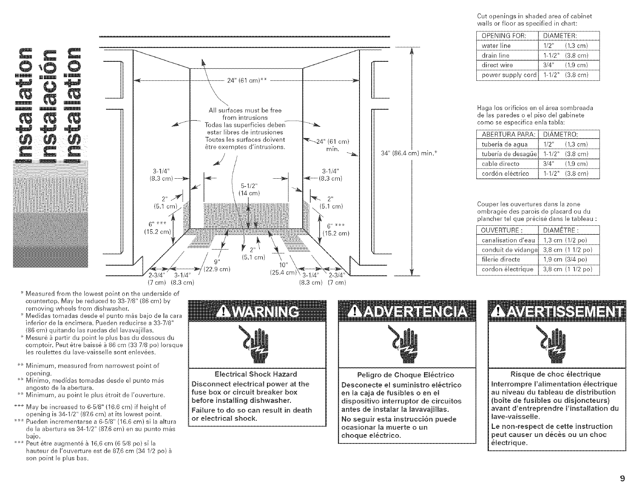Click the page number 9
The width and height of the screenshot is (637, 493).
coord(622,478)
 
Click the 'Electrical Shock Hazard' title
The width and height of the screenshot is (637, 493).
coord(255,374)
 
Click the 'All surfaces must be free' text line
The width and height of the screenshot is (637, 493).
coord(245,110)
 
